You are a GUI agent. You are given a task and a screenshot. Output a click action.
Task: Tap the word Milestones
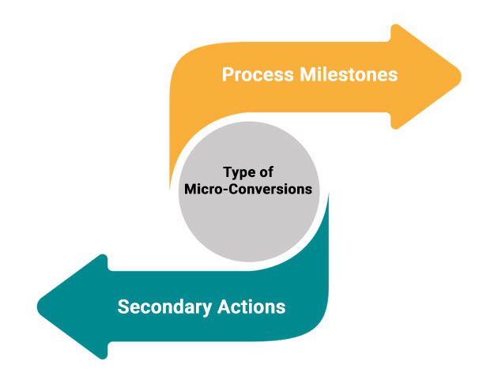346,75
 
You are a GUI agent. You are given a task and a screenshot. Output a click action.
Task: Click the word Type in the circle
236,172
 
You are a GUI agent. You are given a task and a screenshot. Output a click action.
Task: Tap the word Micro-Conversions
249,190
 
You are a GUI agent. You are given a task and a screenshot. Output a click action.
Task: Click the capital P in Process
228,75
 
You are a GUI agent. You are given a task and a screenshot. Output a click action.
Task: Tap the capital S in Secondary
123,306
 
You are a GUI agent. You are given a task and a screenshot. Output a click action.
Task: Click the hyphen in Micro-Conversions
222,190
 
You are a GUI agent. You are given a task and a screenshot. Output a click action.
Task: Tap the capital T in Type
226,172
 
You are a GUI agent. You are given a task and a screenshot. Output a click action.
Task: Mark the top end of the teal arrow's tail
326,194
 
